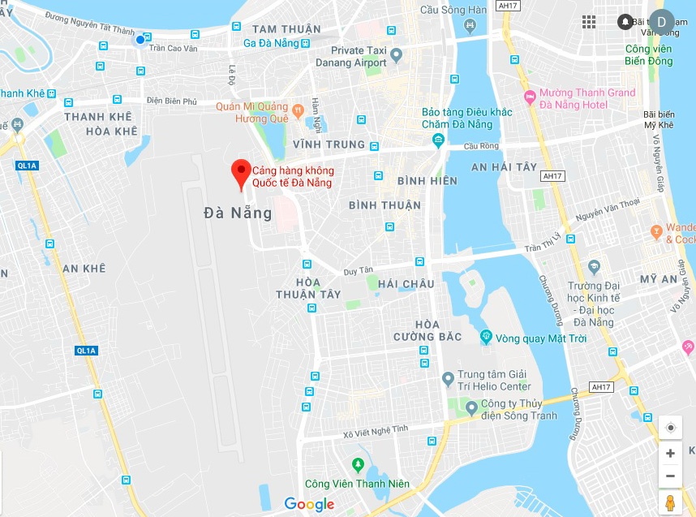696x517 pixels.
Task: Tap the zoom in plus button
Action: [670, 454]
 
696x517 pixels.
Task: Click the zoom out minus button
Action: [670, 476]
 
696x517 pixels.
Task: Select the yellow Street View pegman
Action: [670, 503]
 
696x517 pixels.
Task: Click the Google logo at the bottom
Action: [309, 504]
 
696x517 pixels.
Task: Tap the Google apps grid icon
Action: [589, 22]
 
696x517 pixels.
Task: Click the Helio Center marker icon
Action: [448, 379]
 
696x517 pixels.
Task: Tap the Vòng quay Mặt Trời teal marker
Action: [486, 337]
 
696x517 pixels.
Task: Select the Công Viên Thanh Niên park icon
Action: [357, 465]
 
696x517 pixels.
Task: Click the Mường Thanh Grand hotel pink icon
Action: [531, 98]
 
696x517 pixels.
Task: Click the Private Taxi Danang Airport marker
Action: [396, 56]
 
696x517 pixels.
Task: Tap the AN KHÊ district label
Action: [84, 269]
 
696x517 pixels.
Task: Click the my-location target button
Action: [670, 428]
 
